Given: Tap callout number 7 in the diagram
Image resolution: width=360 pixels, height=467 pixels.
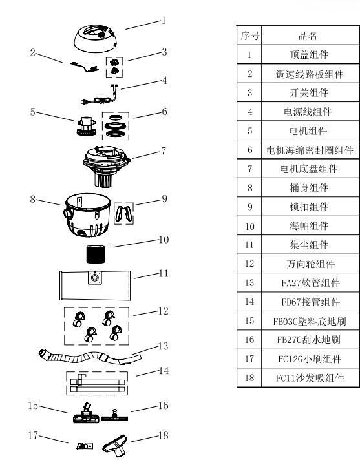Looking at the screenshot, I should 164,150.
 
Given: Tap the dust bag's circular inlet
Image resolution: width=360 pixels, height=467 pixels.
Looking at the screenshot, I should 95,278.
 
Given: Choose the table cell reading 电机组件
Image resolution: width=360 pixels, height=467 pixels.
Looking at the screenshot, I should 299,130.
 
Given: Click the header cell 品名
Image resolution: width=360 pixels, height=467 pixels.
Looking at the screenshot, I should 299,36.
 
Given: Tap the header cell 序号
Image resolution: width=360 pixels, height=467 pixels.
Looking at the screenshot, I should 249,36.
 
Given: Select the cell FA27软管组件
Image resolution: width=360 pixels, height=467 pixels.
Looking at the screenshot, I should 299,283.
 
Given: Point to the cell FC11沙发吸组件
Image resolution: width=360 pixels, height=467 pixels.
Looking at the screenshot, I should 299,378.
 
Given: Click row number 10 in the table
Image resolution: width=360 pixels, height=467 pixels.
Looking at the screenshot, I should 249,226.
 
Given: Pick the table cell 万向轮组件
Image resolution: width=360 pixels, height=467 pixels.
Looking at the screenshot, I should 299,264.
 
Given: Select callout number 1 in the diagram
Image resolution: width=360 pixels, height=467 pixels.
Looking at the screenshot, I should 164,20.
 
